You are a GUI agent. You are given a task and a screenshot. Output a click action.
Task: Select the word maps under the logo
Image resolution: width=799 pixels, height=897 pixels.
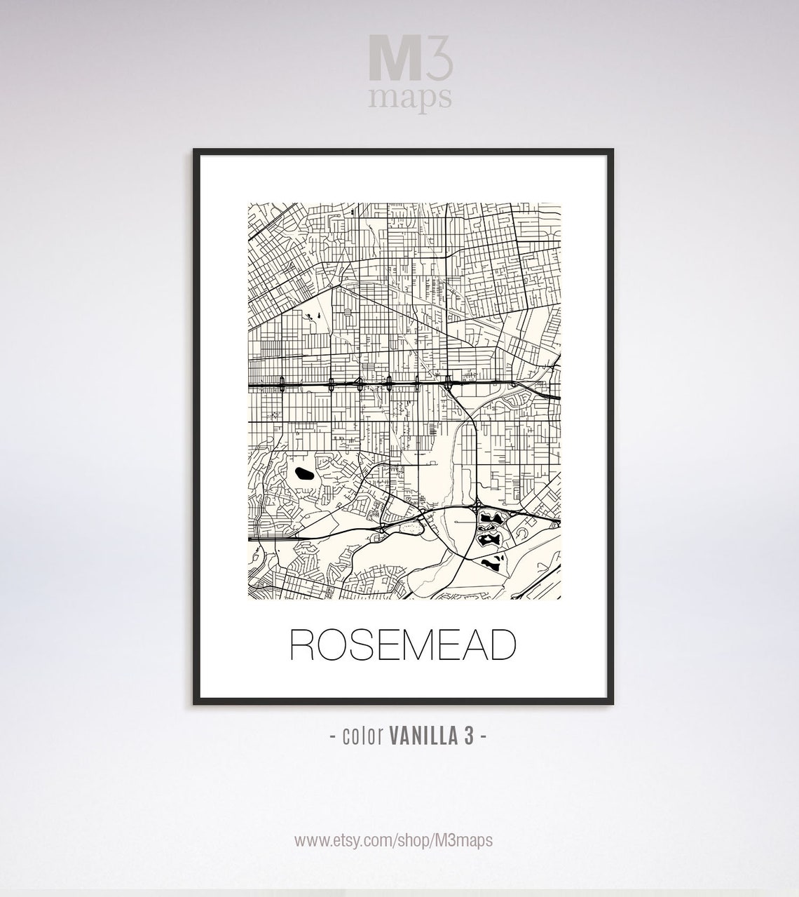coord(410,99)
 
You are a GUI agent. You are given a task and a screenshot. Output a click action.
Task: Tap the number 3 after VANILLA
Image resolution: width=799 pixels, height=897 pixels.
coord(473,736)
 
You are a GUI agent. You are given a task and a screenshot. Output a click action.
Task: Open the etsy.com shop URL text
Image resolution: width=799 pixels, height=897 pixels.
coord(393,840)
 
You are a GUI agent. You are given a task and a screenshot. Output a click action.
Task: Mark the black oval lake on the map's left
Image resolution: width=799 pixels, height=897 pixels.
coord(305,475)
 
